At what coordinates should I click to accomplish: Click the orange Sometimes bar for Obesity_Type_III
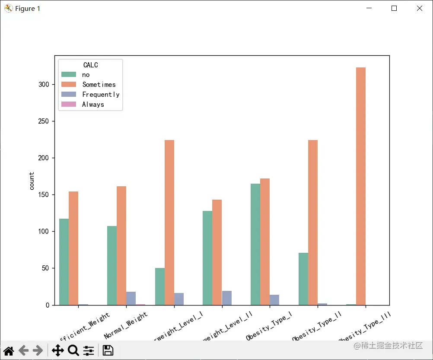point(361,186)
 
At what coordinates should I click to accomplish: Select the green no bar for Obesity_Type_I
point(255,244)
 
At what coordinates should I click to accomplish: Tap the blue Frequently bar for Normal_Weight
point(131,299)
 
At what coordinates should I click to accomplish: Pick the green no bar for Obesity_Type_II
point(303,279)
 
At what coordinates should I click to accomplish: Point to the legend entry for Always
point(93,104)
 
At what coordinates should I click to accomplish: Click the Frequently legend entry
point(101,94)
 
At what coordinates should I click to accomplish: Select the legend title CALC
point(90,65)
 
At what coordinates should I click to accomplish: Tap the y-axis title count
point(32,181)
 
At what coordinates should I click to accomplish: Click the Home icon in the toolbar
point(9,350)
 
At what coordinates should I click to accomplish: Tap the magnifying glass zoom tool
point(73,350)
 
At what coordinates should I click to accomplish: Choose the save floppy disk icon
point(108,350)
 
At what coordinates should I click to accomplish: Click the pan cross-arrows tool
point(57,350)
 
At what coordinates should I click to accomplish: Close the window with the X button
point(419,8)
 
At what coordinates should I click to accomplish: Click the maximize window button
point(394,8)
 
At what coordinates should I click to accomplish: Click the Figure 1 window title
point(28,8)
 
